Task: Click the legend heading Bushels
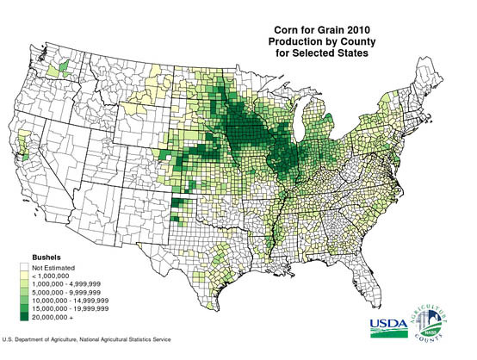(x=22, y=257)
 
